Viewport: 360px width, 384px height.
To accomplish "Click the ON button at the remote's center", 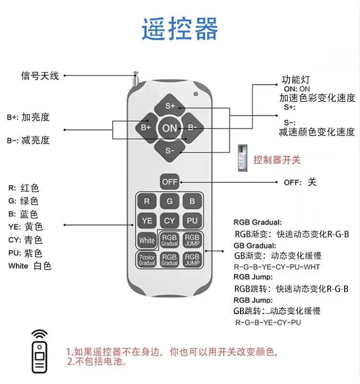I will pyautogui.click(x=170, y=128).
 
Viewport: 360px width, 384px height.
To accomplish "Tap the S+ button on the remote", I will pyautogui.click(x=170, y=106).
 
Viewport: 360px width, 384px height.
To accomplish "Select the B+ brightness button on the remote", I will pyautogui.click(x=146, y=128).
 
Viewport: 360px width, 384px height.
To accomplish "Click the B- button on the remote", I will pyautogui.click(x=193, y=128).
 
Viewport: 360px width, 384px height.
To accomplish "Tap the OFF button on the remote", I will pyautogui.click(x=169, y=181).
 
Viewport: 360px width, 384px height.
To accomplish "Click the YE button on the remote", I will pyautogui.click(x=147, y=221).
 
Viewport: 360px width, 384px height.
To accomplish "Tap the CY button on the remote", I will pyautogui.click(x=169, y=221).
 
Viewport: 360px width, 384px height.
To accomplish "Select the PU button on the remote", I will pyautogui.click(x=192, y=221).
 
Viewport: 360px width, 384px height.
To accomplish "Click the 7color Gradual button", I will pyautogui.click(x=147, y=260).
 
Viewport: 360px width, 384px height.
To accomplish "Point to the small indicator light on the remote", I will pyautogui.click(x=196, y=94).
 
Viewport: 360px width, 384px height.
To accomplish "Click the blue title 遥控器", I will pyautogui.click(x=180, y=29).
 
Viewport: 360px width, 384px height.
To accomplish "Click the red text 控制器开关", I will pyautogui.click(x=277, y=160).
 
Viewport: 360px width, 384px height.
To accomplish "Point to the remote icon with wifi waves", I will pyautogui.click(x=40, y=351).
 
